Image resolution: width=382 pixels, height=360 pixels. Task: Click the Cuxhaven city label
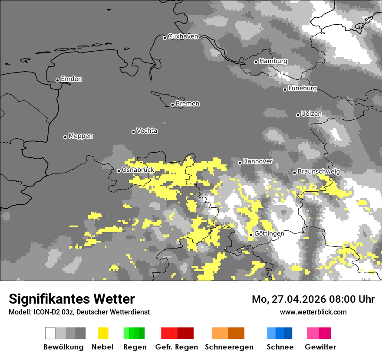(x=183, y=36)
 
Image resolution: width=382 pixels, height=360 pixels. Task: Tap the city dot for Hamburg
(x=256, y=62)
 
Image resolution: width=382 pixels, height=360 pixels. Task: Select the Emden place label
(x=71, y=79)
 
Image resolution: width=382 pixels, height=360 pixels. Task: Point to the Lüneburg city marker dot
(x=285, y=89)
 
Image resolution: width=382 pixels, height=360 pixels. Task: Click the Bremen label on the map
(x=188, y=104)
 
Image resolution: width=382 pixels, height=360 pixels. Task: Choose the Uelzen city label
(x=311, y=114)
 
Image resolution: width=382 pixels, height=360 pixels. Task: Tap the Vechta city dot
(x=134, y=132)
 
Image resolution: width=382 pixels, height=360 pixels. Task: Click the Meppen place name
(x=81, y=136)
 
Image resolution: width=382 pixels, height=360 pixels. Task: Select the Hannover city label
(x=258, y=161)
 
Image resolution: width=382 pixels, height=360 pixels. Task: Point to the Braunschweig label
(x=319, y=171)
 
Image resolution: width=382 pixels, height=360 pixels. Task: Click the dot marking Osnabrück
(x=119, y=171)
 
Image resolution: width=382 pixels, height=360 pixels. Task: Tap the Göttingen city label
(x=269, y=233)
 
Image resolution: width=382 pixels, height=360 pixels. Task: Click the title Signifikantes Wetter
(x=72, y=299)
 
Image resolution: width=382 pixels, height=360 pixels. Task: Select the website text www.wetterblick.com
(x=313, y=312)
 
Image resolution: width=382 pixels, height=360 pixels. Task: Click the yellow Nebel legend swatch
(x=103, y=333)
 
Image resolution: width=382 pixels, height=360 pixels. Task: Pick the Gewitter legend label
(x=320, y=347)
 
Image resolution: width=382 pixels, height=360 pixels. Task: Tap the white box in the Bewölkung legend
(x=50, y=333)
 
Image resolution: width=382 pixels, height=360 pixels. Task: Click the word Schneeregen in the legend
(x=229, y=347)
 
